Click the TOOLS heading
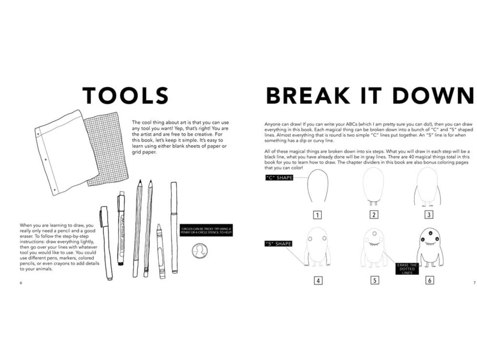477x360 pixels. pos(125,95)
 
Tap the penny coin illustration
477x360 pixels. pos(199,251)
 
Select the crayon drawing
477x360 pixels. pos(161,251)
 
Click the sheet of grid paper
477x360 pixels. pos(107,149)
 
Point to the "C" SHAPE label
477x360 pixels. pos(279,178)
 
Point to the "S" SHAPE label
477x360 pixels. pos(278,243)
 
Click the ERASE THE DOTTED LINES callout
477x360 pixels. pos(407,269)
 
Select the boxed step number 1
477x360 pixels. pos(317,215)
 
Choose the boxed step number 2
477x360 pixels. pos(374,215)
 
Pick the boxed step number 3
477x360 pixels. pos(429,215)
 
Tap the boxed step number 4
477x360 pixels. pos(318,281)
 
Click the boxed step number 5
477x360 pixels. pos(375,280)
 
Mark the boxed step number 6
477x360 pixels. pos(430,280)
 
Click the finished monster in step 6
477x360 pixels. pos(430,247)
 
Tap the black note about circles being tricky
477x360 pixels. pos(206,230)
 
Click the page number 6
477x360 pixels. pos(21,283)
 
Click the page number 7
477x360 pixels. pos(474,283)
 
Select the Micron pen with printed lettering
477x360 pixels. pos(121,228)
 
